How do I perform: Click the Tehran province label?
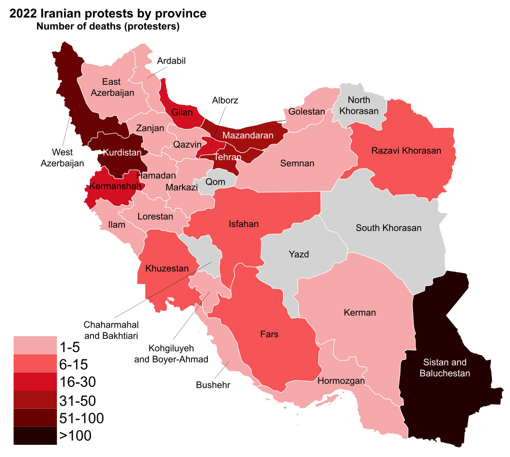[227, 157]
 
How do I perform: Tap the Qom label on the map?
[215, 182]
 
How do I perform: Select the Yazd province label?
[299, 254]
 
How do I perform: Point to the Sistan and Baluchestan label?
[444, 368]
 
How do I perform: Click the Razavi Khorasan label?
[406, 150]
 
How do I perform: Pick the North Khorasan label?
[359, 105]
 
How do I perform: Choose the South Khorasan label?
[388, 227]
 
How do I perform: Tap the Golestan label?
[306, 111]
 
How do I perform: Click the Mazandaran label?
[247, 135]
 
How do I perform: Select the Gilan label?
[182, 112]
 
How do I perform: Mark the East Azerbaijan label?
[112, 87]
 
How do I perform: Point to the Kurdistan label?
[122, 152]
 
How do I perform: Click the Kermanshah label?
[115, 186]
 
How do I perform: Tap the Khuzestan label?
[167, 268]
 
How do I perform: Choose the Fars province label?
[269, 334]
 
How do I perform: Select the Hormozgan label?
[341, 380]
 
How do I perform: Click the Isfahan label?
[244, 224]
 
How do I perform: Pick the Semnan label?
[297, 163]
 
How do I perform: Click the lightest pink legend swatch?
[35, 345]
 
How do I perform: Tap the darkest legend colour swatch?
[35, 436]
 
